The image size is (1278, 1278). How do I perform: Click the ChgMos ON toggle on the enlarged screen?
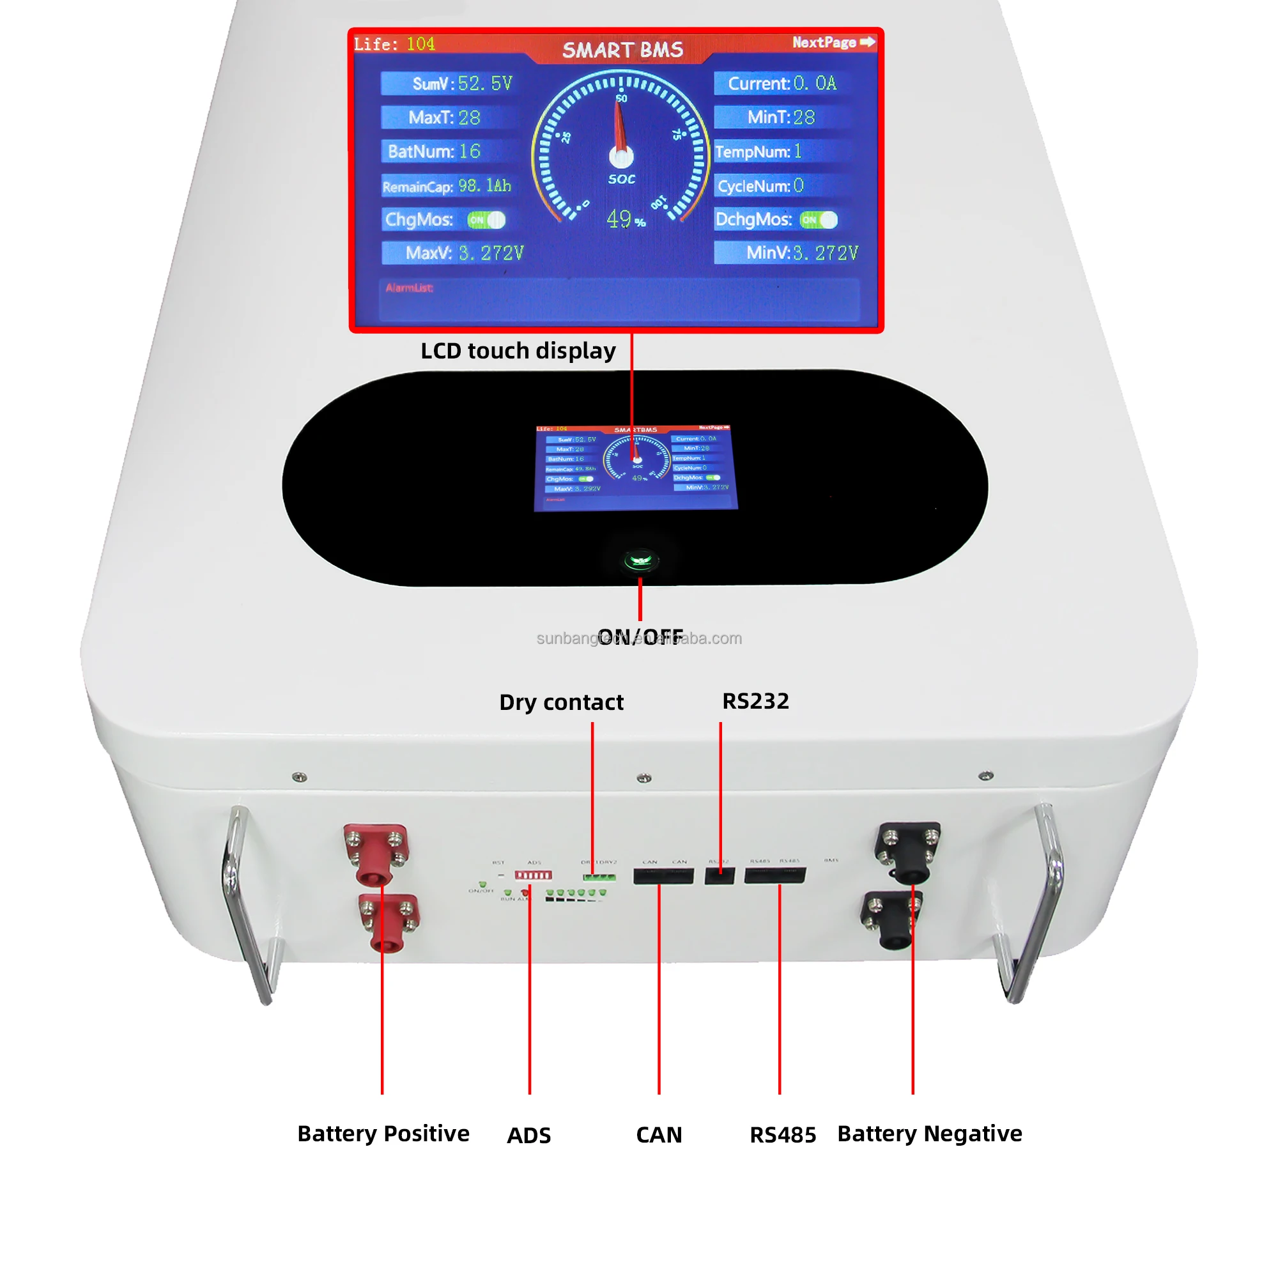click(x=486, y=220)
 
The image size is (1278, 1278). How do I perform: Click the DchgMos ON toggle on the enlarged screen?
click(x=819, y=220)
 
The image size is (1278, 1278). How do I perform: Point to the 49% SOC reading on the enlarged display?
click(x=624, y=219)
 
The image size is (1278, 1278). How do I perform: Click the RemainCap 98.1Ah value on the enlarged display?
click(x=485, y=186)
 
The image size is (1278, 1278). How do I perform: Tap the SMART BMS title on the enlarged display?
click(x=622, y=50)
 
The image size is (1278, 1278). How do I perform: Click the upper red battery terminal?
click(x=376, y=853)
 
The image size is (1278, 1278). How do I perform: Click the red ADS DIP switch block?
click(x=533, y=875)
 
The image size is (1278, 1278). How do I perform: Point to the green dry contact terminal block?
click(x=599, y=877)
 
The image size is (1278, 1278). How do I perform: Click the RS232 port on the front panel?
click(x=719, y=877)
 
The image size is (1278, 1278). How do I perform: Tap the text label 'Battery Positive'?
click(x=383, y=1134)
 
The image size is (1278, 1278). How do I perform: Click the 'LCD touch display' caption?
click(x=518, y=351)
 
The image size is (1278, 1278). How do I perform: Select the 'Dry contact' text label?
click(x=561, y=702)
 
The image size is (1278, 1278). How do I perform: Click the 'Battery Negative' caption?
click(x=929, y=1134)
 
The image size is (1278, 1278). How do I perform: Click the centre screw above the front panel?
click(x=643, y=778)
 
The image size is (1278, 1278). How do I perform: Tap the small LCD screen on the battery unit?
click(x=635, y=467)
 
